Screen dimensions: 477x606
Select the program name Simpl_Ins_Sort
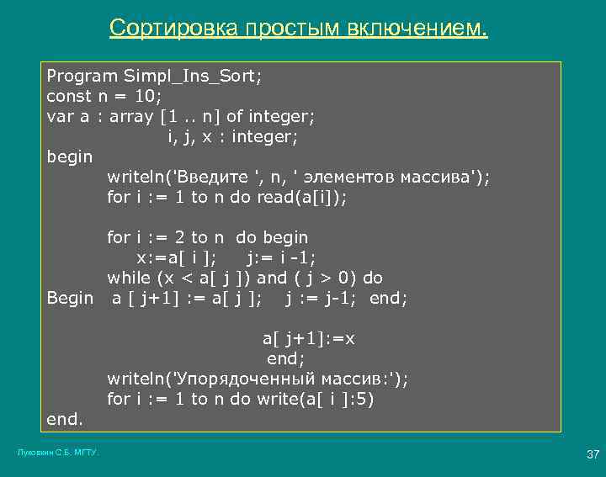point(192,76)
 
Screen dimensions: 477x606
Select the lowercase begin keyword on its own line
point(70,156)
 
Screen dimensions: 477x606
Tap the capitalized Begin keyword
point(70,298)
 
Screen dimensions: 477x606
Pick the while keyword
point(129,278)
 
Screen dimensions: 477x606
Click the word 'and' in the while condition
point(271,278)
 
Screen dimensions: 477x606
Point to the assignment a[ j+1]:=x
point(309,338)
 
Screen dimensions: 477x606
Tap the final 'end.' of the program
point(65,418)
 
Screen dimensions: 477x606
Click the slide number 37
point(592,455)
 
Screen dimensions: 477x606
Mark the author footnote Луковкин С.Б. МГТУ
point(58,453)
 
